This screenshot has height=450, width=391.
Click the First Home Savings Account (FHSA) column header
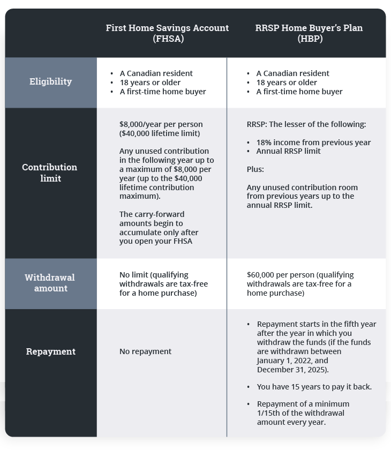(x=167, y=33)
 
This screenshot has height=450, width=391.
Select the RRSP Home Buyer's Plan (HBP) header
(x=309, y=33)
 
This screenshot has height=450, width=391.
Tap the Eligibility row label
(x=51, y=81)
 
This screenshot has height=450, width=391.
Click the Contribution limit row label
(x=50, y=172)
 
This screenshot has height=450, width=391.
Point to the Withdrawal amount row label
(x=50, y=283)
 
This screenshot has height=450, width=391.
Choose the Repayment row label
(x=51, y=351)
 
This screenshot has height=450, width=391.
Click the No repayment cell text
(x=146, y=351)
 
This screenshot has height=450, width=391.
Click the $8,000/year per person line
(x=161, y=124)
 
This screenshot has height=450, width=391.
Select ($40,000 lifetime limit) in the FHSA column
(x=160, y=133)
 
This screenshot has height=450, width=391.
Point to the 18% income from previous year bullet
(x=313, y=142)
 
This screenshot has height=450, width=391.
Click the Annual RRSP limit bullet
(x=288, y=151)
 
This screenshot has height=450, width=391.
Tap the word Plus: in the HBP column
(x=255, y=169)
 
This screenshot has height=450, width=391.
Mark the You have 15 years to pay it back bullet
(x=314, y=387)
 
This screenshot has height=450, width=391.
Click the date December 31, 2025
(x=292, y=370)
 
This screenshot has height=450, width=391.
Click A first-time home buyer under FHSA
(x=163, y=92)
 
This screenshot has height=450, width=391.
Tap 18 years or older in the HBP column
(x=287, y=82)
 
